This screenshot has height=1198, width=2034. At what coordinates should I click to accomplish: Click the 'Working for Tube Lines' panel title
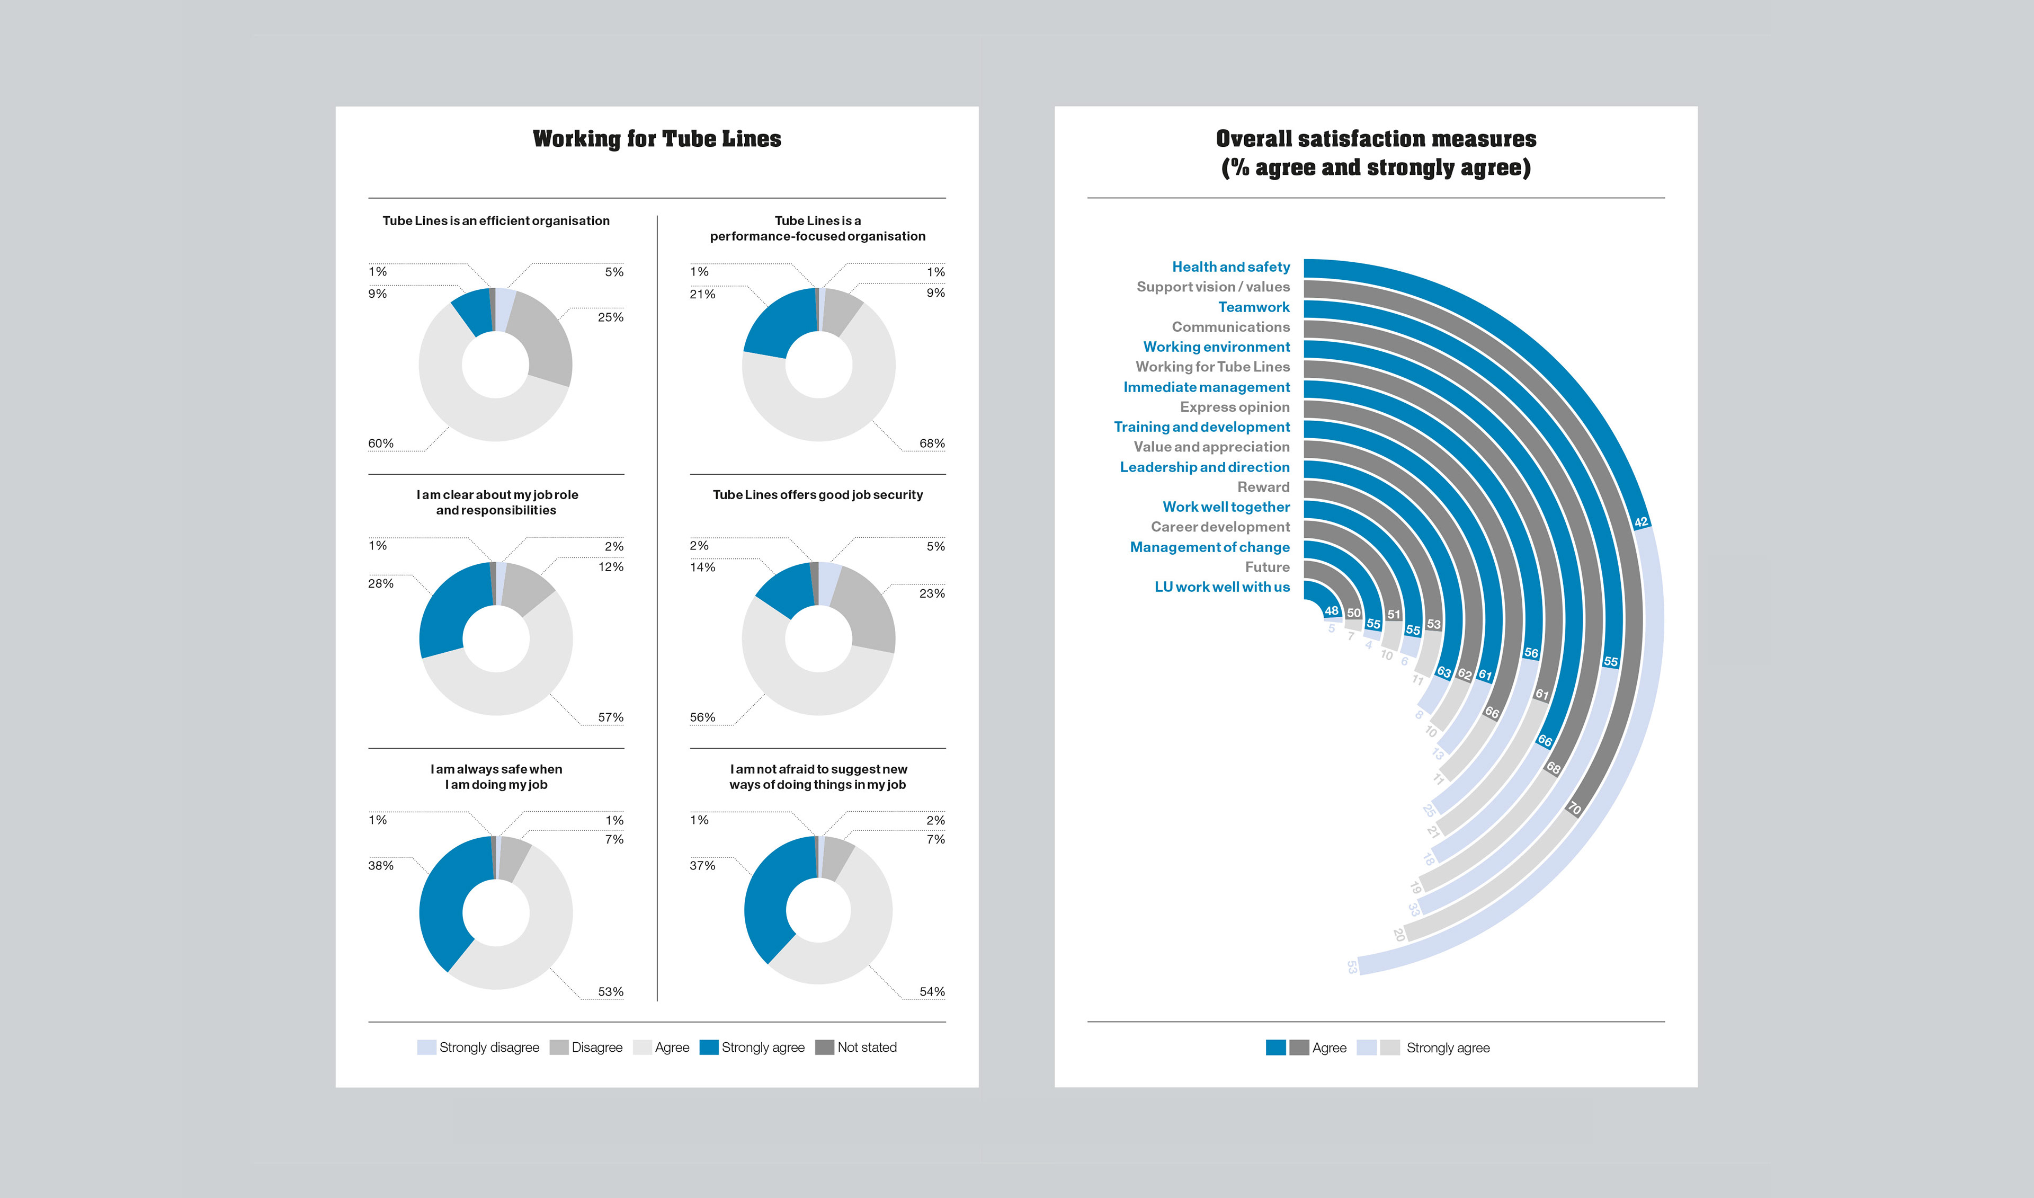tap(656, 139)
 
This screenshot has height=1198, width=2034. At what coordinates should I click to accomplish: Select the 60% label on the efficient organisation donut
tap(381, 443)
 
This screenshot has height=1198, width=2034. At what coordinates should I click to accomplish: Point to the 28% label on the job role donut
tap(381, 583)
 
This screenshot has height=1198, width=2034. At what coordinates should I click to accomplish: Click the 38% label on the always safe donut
tap(381, 865)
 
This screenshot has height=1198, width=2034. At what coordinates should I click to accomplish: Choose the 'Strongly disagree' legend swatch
tap(426, 1047)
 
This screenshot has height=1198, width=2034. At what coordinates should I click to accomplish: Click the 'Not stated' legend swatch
tap(824, 1047)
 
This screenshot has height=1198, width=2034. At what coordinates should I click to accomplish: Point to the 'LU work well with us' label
tap(1221, 587)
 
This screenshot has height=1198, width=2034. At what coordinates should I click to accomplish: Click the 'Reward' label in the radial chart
tap(1263, 487)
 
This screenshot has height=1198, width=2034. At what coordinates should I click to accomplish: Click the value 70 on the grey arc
tap(1574, 808)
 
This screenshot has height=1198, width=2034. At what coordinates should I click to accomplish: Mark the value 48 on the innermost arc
tap(1331, 611)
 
